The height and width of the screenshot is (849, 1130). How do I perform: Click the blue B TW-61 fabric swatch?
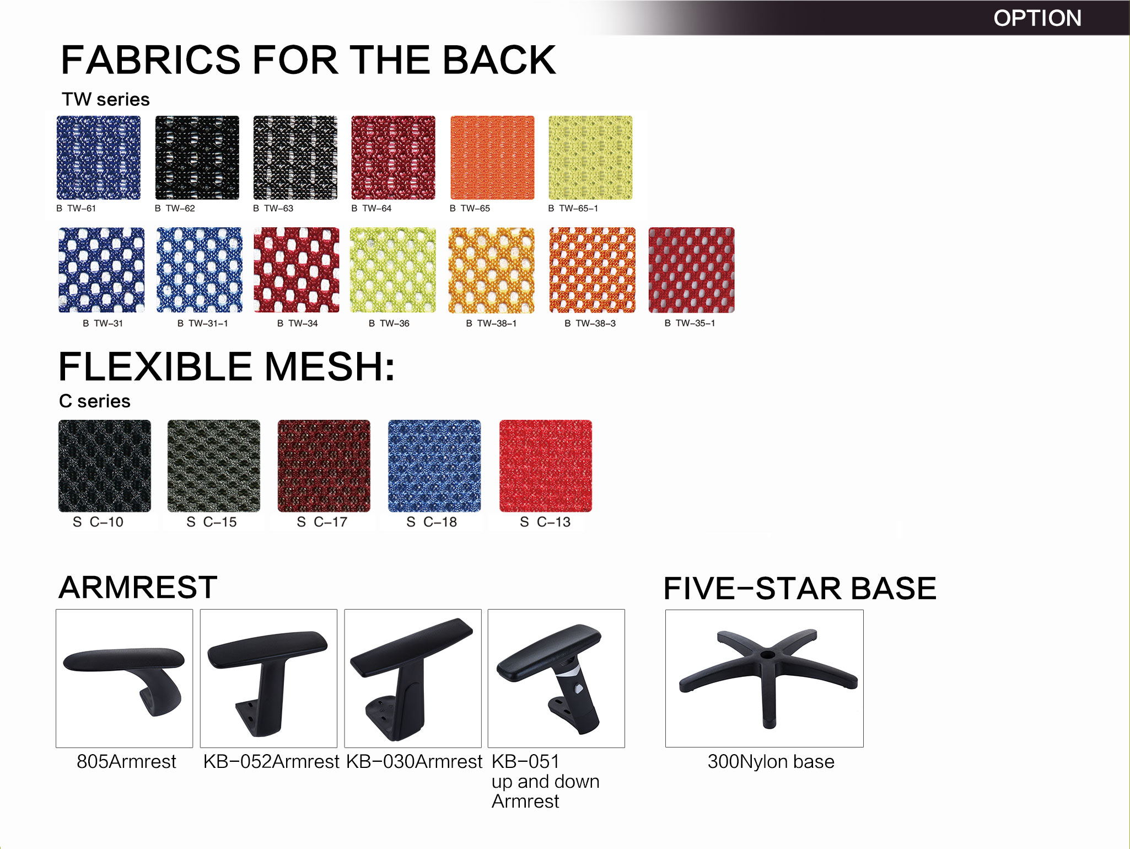[x=99, y=157]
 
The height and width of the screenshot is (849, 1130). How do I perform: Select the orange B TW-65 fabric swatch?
[x=492, y=157]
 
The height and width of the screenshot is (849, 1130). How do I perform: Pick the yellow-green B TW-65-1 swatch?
[x=590, y=157]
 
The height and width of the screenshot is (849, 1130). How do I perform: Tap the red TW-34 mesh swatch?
[x=297, y=270]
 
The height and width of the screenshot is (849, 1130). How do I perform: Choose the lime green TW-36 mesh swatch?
[x=393, y=270]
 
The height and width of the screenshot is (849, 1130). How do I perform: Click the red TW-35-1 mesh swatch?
[x=692, y=270]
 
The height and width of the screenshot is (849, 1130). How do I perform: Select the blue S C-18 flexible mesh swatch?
[x=434, y=466]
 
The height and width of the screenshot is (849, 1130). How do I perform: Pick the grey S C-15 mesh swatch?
[x=214, y=466]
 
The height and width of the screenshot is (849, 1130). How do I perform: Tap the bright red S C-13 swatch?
[x=546, y=466]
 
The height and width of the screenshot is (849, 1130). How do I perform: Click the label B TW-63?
[x=273, y=209]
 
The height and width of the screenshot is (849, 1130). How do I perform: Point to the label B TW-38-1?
[x=491, y=323]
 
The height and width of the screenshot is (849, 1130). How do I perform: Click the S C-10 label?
[x=98, y=522]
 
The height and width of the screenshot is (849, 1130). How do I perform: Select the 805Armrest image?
[x=125, y=679]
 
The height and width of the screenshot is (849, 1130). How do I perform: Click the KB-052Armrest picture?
[x=268, y=679]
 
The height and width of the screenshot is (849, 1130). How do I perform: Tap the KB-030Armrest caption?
[x=415, y=762]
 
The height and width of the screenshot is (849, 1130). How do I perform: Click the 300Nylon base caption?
[x=771, y=762]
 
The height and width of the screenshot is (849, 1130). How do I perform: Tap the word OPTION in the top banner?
[x=1037, y=18]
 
